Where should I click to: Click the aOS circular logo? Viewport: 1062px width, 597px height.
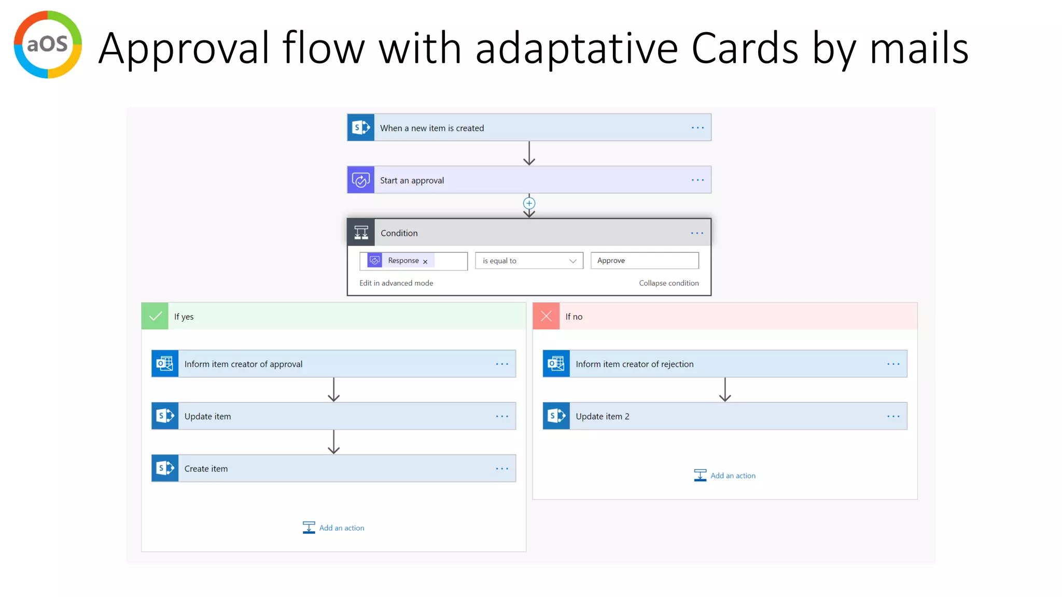48,45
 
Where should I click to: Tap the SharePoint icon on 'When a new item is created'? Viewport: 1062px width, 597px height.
360,127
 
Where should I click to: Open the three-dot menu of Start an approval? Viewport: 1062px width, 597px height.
697,180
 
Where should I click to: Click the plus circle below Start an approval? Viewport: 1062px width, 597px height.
529,203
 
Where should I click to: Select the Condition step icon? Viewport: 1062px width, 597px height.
361,233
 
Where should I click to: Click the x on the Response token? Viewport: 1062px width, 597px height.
425,262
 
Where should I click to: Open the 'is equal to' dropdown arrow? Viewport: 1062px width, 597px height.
572,261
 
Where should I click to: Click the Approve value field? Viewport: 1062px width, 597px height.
644,261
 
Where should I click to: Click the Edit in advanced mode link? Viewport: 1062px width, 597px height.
396,283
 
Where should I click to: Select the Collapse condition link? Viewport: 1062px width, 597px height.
668,283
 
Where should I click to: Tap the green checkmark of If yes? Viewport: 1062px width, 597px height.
155,316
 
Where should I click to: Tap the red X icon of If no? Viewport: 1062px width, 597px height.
546,316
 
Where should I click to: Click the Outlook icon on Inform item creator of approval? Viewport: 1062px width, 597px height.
165,364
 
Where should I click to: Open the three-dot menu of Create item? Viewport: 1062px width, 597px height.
502,468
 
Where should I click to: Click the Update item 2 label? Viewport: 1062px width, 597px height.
602,416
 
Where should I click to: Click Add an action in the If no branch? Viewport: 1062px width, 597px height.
732,475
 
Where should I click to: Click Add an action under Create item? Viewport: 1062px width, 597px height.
341,528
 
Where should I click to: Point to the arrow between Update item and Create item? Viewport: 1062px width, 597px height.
333,442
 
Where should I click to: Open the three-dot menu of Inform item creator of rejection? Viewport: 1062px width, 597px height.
893,364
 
